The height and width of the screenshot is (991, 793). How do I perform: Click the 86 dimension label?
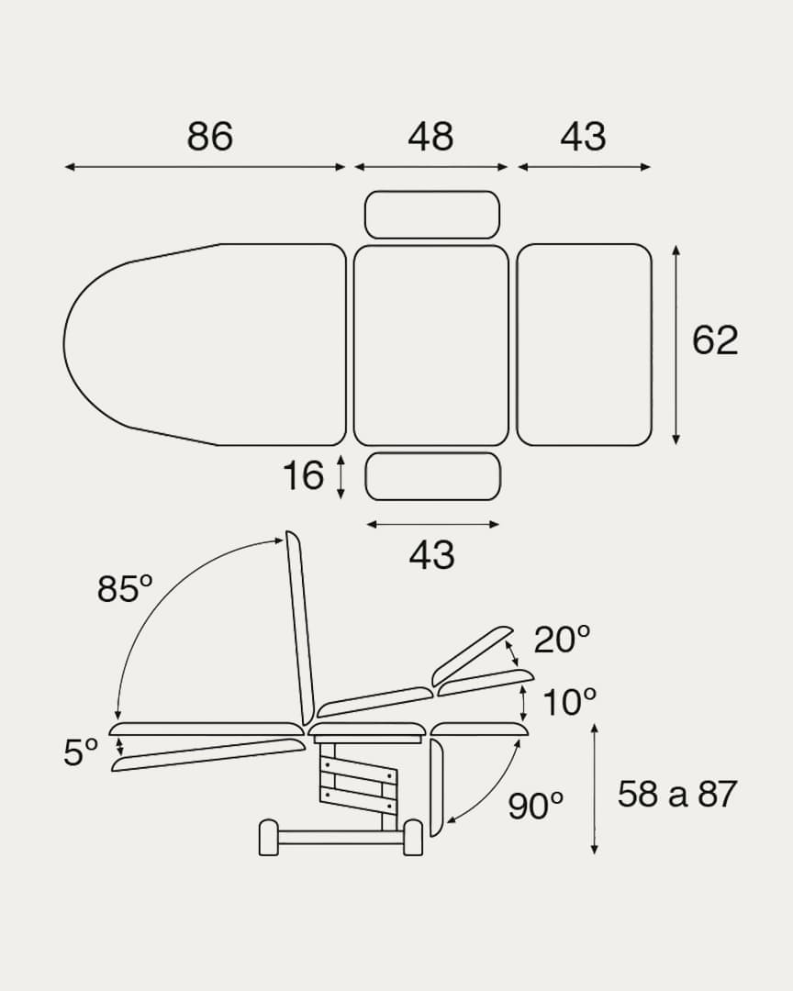click(x=210, y=135)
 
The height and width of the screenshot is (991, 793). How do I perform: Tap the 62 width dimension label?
click(x=715, y=340)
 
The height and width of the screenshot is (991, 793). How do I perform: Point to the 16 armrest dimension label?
click(x=303, y=475)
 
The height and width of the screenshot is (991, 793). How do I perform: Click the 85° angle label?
click(x=125, y=588)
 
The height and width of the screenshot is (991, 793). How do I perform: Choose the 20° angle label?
click(x=563, y=640)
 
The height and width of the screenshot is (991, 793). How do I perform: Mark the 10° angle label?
click(x=569, y=702)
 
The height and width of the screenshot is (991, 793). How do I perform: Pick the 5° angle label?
click(x=81, y=752)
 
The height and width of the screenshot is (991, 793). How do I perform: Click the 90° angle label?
click(x=535, y=806)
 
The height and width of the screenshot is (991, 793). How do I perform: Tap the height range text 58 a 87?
click(x=677, y=794)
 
